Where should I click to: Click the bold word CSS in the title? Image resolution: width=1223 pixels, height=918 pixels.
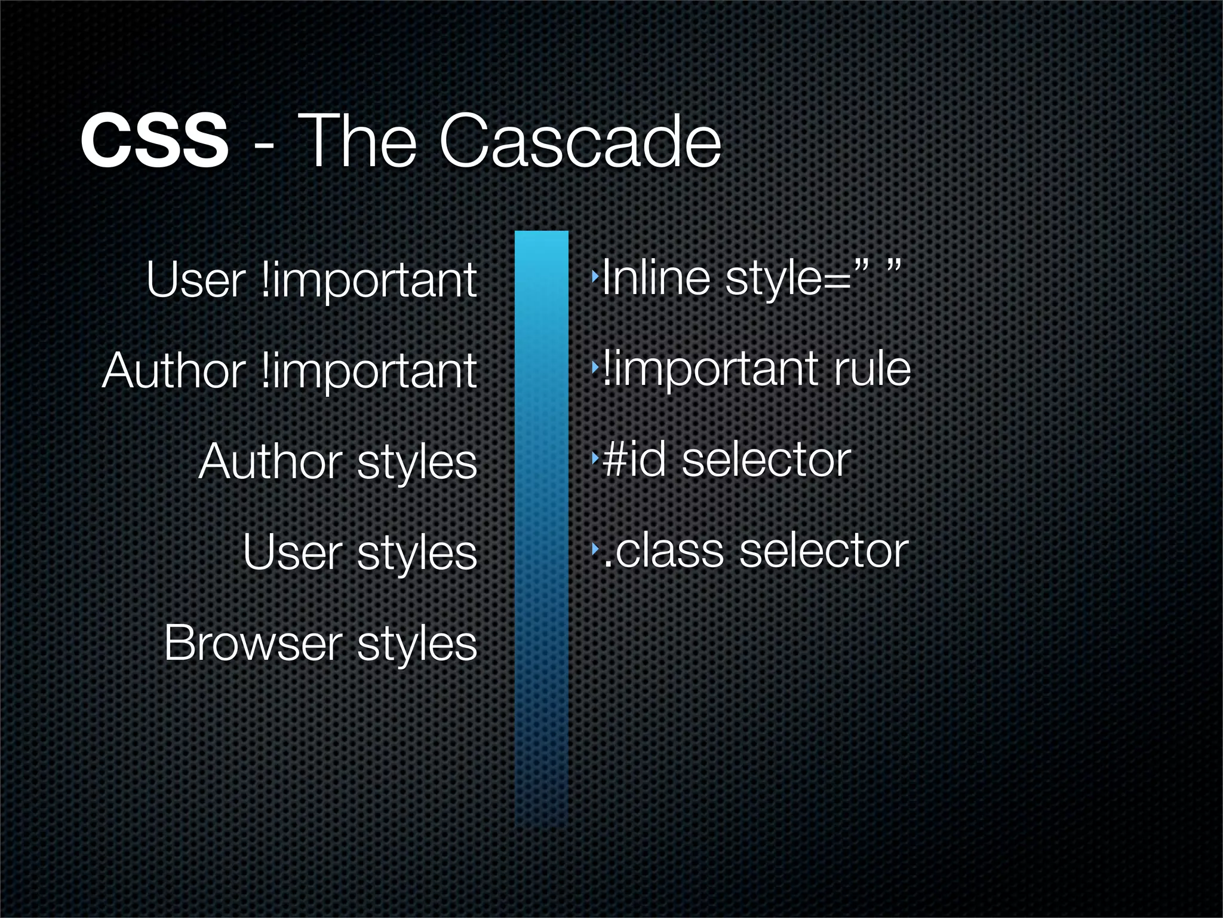click(x=154, y=142)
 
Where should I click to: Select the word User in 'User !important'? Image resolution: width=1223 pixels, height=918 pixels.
click(x=196, y=280)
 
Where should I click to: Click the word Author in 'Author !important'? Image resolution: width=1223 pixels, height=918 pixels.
click(x=174, y=371)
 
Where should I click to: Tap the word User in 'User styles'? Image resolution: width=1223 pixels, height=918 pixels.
click(x=293, y=553)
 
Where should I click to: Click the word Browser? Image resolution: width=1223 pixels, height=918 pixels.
click(x=253, y=644)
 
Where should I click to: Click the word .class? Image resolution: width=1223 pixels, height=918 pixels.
click(x=663, y=551)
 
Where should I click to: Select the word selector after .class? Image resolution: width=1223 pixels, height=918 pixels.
click(x=824, y=551)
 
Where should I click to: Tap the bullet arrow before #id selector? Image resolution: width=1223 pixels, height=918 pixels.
click(x=594, y=459)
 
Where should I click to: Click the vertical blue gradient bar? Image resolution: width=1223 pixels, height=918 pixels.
click(x=541, y=526)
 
